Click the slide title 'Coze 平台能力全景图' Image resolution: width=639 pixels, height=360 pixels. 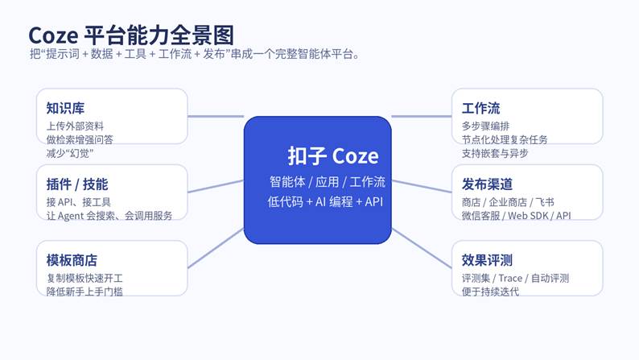point(130,35)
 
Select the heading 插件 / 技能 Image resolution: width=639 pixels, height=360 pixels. point(77,184)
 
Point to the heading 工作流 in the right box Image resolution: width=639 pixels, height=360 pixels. point(481,108)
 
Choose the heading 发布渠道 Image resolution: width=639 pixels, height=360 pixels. point(488,184)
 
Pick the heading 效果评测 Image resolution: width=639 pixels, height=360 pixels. point(488,259)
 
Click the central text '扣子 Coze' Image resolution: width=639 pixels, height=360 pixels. point(332,155)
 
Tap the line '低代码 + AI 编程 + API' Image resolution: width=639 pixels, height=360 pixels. point(325,201)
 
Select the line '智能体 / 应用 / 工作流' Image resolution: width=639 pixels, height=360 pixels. point(327,181)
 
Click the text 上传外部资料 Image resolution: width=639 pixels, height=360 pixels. point(75,126)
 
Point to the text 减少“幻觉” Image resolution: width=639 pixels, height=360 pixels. point(70,152)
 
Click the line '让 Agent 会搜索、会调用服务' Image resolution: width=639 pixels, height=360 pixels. point(108,215)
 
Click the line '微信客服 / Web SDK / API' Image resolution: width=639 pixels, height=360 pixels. point(516,215)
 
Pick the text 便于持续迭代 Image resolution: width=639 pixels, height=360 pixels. point(490,291)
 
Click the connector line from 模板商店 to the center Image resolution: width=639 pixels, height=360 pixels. point(216,249)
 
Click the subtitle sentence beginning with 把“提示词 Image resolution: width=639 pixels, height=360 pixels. point(193,55)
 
